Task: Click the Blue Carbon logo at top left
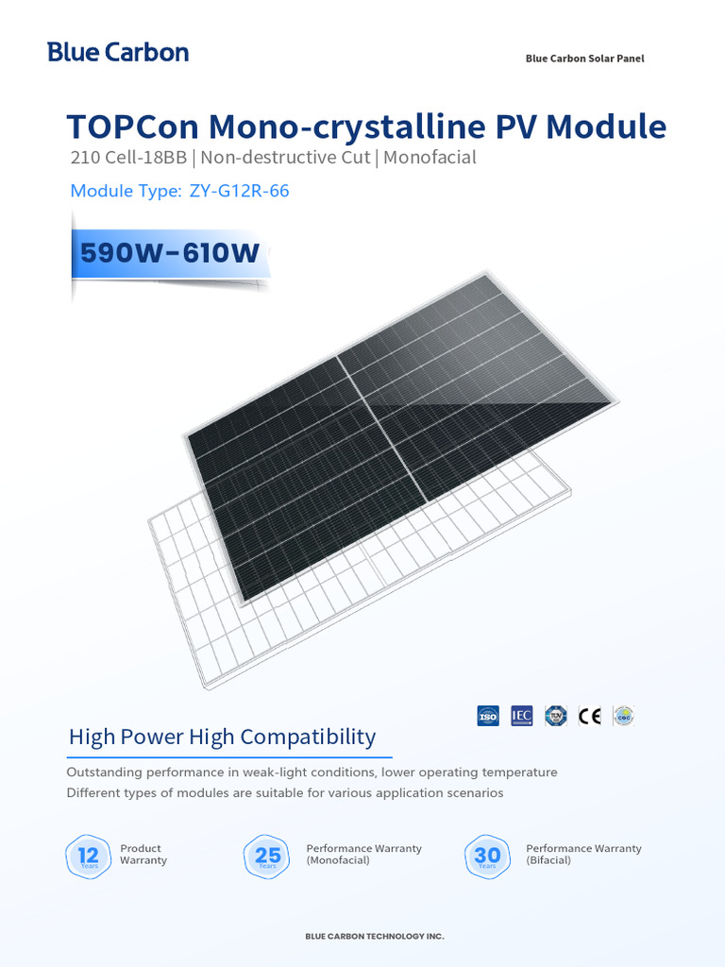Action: coord(118,53)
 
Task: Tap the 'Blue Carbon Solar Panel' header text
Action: coord(584,59)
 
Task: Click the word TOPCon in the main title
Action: coord(131,127)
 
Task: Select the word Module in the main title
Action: coord(607,127)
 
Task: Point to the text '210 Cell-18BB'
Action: coord(127,158)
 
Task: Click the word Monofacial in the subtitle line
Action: coord(430,158)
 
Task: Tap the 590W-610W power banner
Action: coord(170,253)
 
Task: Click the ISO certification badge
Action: coord(488,716)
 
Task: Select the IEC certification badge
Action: coord(522,716)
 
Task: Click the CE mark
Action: coord(590,716)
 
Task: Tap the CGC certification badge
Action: coord(623,716)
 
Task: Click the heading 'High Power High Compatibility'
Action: coord(222,737)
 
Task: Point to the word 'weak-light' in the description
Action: coord(290,772)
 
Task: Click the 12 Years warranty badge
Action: coord(89,856)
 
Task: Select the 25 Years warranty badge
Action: coord(268,856)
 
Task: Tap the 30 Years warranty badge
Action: coord(487,856)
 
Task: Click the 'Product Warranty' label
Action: coord(143,855)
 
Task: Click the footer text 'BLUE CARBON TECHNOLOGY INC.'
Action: coord(374,937)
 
